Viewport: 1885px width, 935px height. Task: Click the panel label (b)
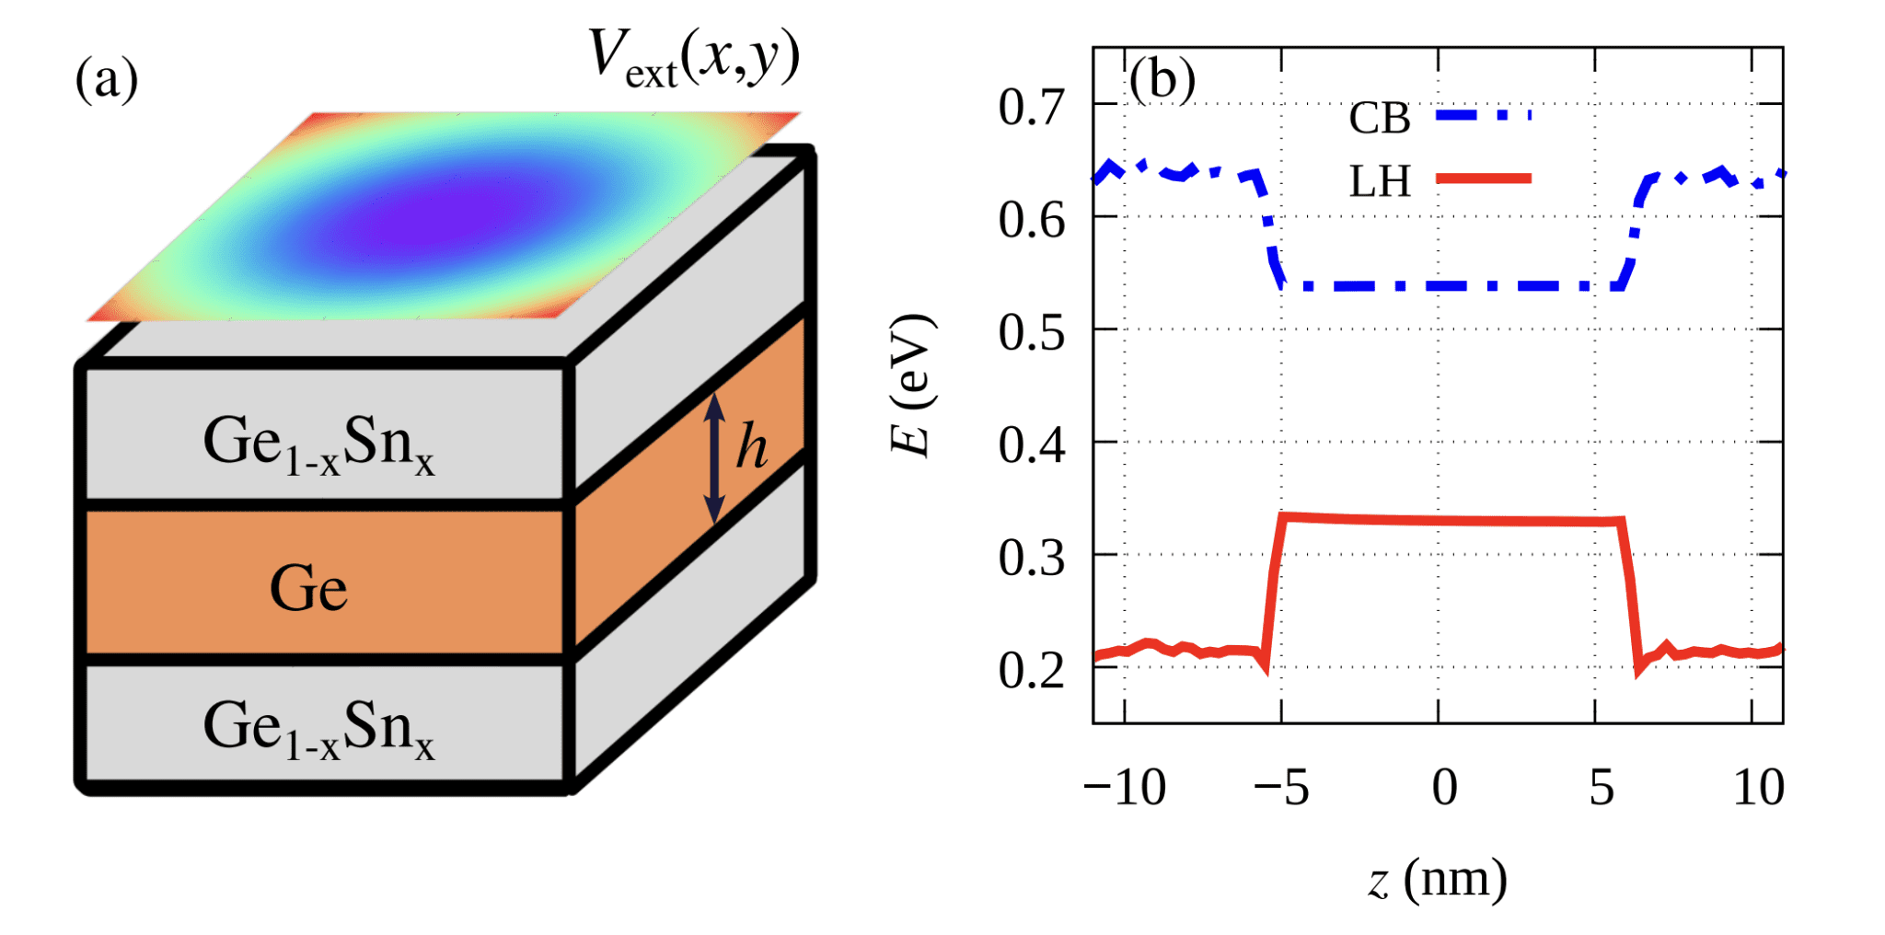tap(1163, 81)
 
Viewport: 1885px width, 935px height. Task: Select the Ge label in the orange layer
tap(308, 589)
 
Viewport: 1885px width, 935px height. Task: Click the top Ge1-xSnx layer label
tap(318, 444)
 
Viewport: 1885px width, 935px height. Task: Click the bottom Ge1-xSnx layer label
tap(318, 729)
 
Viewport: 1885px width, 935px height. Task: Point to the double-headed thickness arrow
tap(714, 457)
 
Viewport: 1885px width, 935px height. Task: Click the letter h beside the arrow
tap(752, 448)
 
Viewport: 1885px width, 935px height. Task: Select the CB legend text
tap(1379, 119)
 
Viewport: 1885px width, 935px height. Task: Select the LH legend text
tap(1379, 182)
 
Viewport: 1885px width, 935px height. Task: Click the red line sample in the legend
tap(1484, 179)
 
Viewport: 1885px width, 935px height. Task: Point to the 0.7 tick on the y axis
tap(1032, 108)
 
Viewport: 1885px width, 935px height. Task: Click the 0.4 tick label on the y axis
tap(1032, 445)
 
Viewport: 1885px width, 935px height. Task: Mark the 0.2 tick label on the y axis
tap(1032, 671)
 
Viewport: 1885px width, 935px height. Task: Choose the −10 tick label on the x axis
tap(1125, 788)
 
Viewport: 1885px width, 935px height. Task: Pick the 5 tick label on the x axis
tap(1602, 788)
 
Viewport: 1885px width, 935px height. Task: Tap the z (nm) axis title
tap(1437, 881)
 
